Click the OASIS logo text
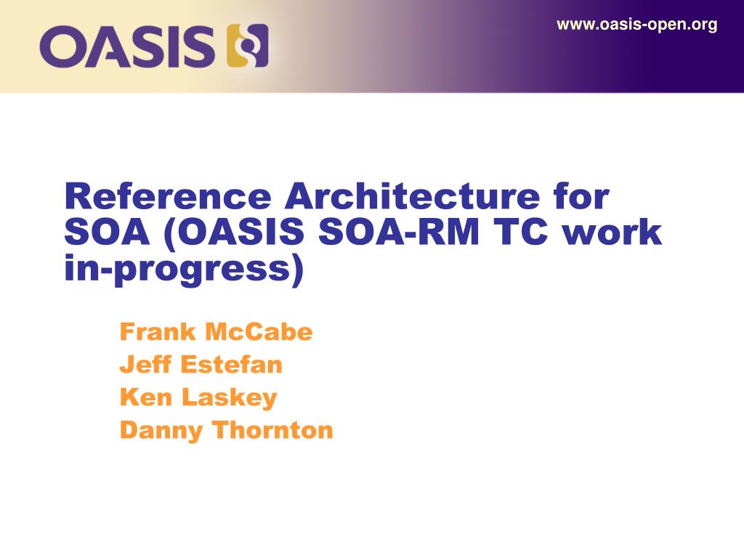point(128,46)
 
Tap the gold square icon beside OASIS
point(248,46)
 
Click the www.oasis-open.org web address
point(636,25)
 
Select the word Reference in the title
point(166,198)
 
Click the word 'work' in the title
point(618,233)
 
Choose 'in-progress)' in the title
point(183,270)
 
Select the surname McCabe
point(259,332)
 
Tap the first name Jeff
point(145,365)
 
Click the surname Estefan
point(231,365)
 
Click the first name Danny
point(161,431)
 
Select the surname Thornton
point(272,430)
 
